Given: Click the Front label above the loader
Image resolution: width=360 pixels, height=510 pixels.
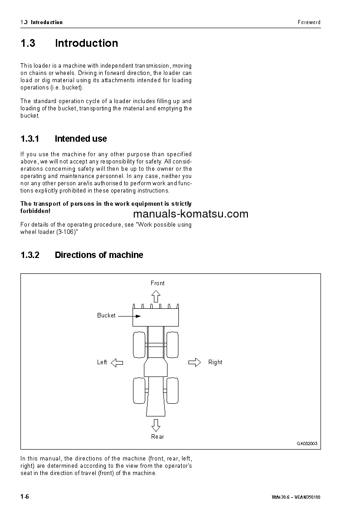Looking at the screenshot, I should tap(158, 283).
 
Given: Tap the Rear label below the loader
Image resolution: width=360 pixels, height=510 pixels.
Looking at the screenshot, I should tap(158, 436).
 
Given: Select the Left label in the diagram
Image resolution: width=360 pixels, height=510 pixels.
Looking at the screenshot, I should tap(102, 362).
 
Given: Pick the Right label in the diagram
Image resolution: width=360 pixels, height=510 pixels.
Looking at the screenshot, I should tap(215, 362).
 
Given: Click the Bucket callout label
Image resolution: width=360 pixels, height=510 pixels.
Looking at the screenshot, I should tap(106, 315).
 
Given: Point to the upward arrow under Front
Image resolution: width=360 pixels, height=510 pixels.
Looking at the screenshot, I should tap(156, 297).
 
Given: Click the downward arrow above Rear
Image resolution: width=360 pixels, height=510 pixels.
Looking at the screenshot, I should tap(156, 425).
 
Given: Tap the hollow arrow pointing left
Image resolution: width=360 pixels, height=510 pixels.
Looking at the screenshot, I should tap(117, 362).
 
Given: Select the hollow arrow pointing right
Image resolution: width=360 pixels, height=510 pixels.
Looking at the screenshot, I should tap(194, 362).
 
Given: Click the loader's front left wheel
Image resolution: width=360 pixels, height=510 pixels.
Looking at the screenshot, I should tap(139, 344).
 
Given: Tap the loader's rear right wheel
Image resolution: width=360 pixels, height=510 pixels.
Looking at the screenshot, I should tap(172, 391).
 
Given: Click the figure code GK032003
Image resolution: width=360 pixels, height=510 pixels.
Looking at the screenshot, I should tap(307, 443).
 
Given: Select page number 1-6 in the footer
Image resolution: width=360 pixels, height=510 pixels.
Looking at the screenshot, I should tap(25, 496).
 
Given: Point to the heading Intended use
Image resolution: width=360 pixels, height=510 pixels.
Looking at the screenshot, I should tap(81, 139).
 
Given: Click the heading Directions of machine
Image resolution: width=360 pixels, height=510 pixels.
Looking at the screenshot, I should tap(99, 255).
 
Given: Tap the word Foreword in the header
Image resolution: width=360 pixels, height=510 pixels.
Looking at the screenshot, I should tap(309, 22).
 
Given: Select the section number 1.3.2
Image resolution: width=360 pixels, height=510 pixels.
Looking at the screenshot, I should tap(30, 255).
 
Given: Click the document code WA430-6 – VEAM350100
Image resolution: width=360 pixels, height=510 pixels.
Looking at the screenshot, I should tap(296, 497).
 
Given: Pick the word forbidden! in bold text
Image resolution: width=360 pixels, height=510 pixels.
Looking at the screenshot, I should tap(35, 211).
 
